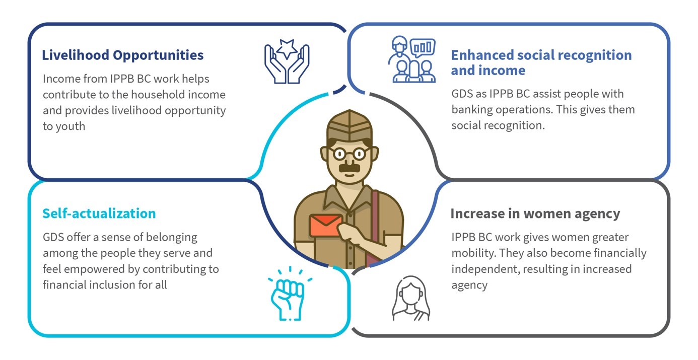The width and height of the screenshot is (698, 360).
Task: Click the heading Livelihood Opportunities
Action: pyautogui.click(x=122, y=55)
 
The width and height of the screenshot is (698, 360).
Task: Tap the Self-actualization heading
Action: pyautogui.click(x=99, y=213)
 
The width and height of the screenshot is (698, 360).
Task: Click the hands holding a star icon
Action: pyautogui.click(x=287, y=61)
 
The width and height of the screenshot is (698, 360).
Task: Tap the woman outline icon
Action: pyautogui.click(x=411, y=299)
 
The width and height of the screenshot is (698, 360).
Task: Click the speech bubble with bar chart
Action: pyautogui.click(x=423, y=48)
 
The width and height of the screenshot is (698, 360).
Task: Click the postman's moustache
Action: pyautogui.click(x=350, y=168)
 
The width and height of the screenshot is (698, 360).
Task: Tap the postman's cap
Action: pyautogui.click(x=350, y=126)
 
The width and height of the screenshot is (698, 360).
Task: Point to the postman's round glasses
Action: pyautogui.click(x=350, y=154)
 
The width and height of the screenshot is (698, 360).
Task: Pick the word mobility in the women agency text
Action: pyautogui.click(x=472, y=253)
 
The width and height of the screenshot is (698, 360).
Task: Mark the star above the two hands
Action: pyautogui.click(x=287, y=48)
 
